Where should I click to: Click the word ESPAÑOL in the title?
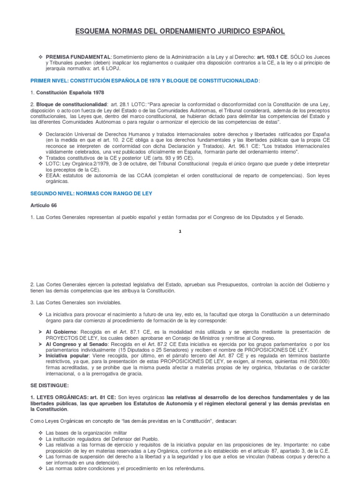(x=267, y=31)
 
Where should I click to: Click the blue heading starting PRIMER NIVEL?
(x=145, y=81)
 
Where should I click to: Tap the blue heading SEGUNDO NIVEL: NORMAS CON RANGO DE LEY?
(x=91, y=193)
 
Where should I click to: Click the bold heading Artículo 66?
(x=44, y=205)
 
